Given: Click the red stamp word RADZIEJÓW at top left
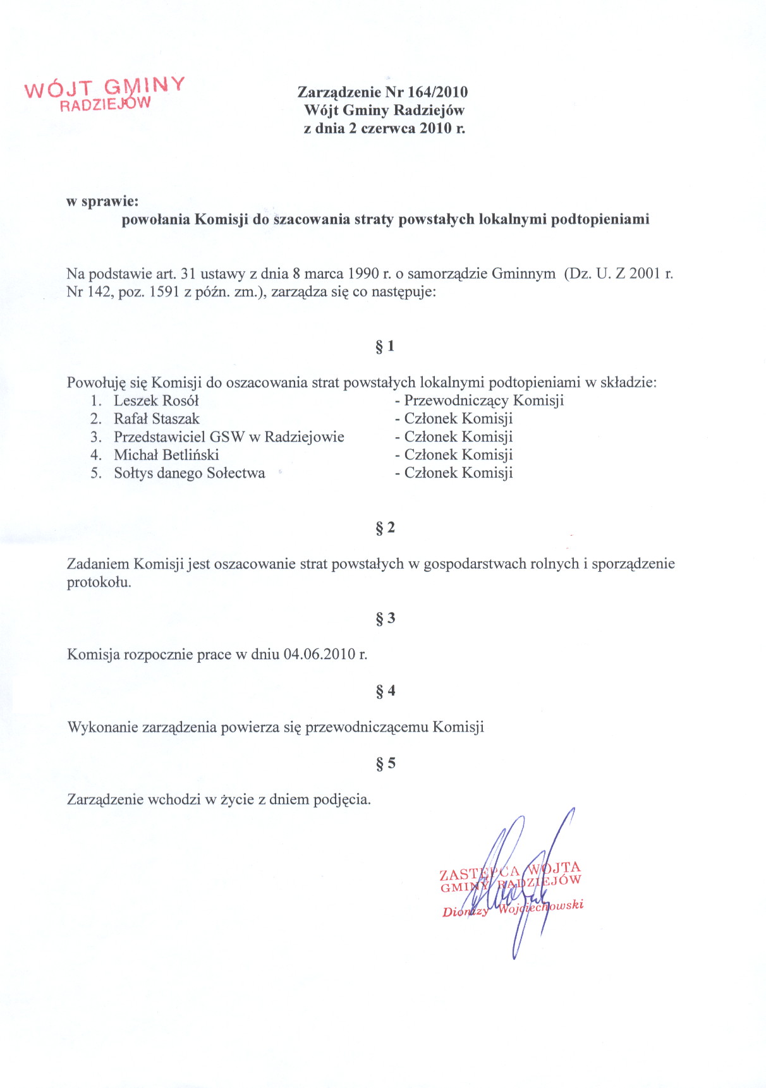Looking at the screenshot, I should pos(106,104).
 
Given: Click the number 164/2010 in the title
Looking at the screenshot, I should pos(439,92).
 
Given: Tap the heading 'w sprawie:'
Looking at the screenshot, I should pos(102,202).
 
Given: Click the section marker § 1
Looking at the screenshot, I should pos(385,346).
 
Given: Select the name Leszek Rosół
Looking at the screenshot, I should pos(156,401).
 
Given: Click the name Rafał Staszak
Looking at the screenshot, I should pos(156,419).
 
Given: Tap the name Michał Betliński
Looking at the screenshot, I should pos(166,455).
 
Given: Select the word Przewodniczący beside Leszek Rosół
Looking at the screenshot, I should pos(456,401).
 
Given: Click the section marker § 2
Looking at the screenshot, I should pos(385,528).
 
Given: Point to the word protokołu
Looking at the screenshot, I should pos(99,583).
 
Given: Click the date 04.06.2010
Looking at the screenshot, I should pos(320,655).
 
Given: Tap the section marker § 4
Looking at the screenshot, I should pos(385,691).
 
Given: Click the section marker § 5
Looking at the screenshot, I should pos(385,763).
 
